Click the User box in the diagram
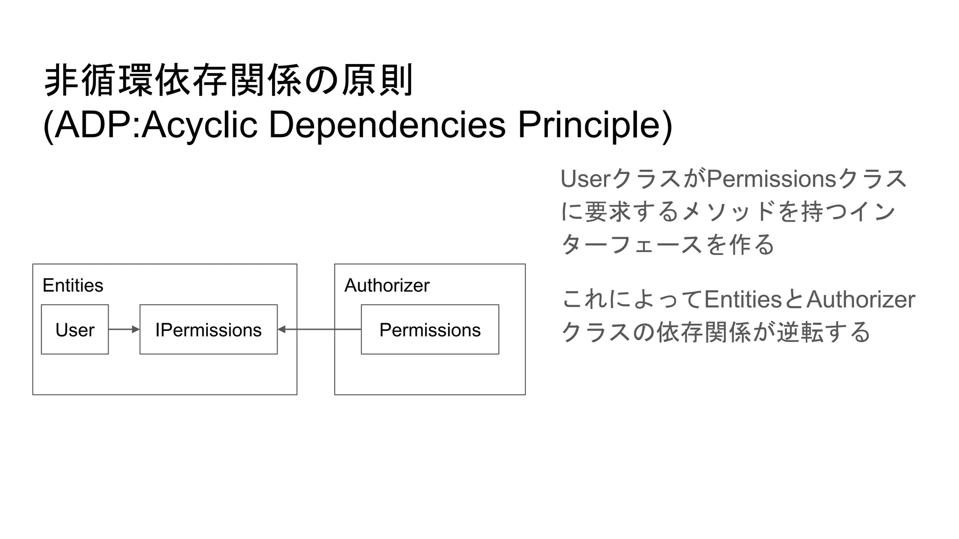click(75, 329)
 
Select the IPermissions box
click(208, 329)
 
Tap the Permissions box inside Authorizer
click(430, 329)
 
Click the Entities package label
click(73, 285)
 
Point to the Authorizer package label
click(387, 285)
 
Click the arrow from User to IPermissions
click(124, 329)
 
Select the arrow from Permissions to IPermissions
click(319, 329)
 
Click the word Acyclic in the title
click(199, 125)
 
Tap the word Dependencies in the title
click(387, 125)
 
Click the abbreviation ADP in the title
click(94, 125)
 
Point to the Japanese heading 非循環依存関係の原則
click(229, 80)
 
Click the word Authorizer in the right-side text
click(861, 299)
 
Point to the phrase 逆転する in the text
click(823, 332)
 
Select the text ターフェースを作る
click(668, 244)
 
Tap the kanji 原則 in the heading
click(377, 80)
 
